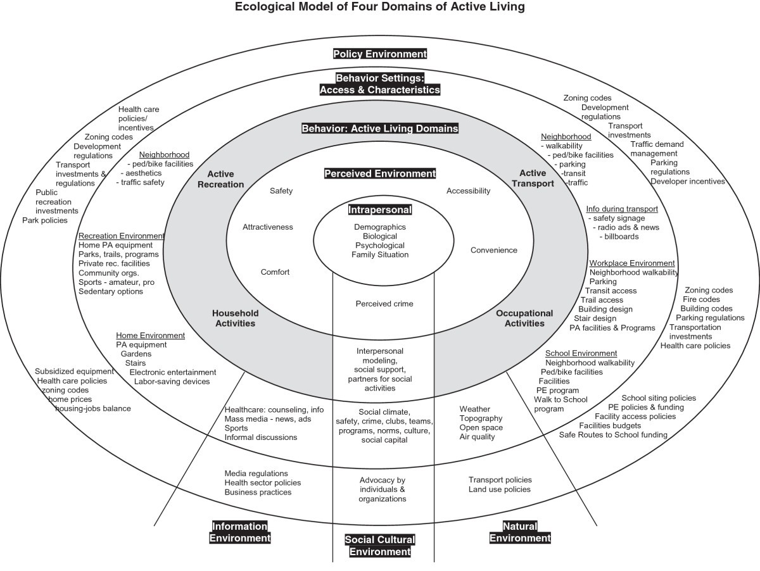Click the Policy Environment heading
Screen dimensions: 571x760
(x=380, y=54)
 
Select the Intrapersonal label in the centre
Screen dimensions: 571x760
(x=380, y=210)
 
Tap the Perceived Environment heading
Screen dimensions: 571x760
(x=380, y=173)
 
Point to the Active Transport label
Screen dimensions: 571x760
(x=536, y=178)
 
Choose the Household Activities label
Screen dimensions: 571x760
(x=234, y=318)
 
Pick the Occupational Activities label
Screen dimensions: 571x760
(x=524, y=318)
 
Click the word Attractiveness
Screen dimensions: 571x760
(x=267, y=227)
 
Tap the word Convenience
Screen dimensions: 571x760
(x=493, y=250)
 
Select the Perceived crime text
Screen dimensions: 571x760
(x=384, y=304)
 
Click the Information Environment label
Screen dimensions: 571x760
(x=240, y=532)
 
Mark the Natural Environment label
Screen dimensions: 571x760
(x=519, y=532)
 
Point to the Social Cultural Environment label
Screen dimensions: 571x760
(x=380, y=545)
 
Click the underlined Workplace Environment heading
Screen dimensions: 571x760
(x=632, y=263)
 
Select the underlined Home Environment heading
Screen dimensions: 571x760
(x=150, y=335)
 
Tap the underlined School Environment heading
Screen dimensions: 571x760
(x=581, y=353)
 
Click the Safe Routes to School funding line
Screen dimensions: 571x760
(x=612, y=435)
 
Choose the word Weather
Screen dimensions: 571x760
(x=474, y=409)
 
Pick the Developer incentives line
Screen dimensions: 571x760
(x=687, y=182)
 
